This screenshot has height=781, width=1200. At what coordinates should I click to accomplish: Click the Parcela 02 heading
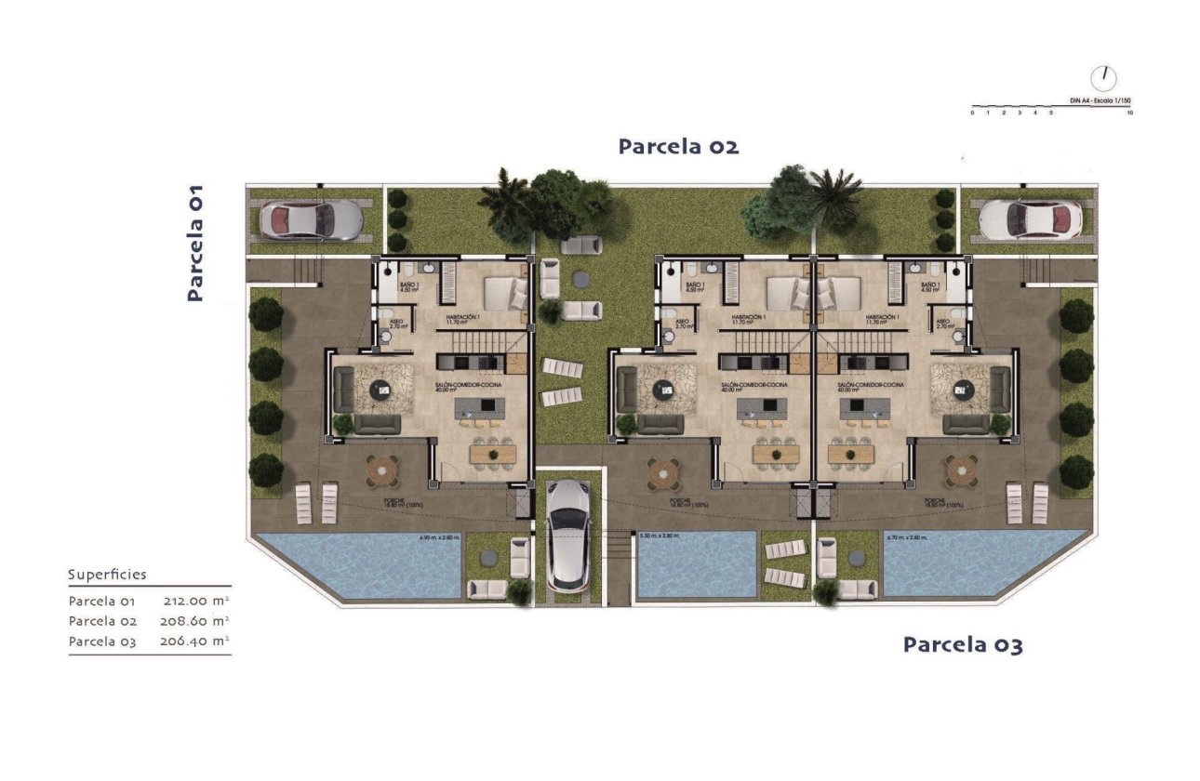(678, 147)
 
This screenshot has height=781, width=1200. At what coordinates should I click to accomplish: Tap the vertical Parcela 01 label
(194, 243)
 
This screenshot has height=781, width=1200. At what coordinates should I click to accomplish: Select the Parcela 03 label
(963, 644)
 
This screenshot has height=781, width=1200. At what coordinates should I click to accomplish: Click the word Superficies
(107, 576)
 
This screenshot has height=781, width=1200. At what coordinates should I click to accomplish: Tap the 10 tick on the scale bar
(1129, 113)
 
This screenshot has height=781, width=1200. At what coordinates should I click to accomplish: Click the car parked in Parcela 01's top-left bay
(310, 220)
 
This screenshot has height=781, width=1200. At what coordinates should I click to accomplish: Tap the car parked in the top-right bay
(1030, 220)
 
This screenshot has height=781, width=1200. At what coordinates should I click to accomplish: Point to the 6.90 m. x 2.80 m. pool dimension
(440, 537)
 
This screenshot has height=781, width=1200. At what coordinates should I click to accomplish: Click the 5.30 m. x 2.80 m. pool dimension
(660, 536)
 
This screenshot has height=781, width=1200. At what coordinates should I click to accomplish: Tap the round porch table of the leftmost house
(381, 470)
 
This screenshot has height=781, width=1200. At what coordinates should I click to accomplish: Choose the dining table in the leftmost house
(492, 454)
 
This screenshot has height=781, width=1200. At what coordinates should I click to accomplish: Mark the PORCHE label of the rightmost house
(936, 502)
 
